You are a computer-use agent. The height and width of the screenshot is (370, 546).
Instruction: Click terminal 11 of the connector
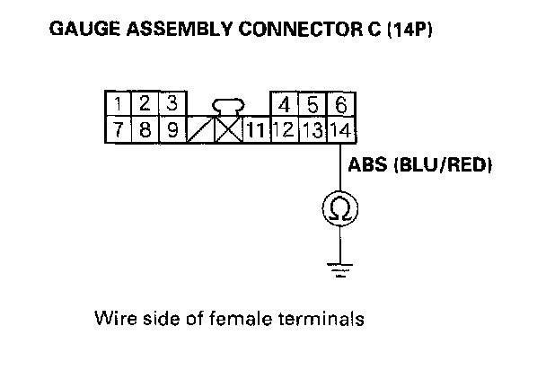click(x=255, y=129)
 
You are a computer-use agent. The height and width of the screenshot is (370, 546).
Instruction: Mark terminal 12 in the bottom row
click(x=282, y=129)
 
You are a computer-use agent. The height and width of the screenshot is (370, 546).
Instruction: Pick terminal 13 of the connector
click(x=311, y=129)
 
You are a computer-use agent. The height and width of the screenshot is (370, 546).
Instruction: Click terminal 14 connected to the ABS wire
click(x=339, y=129)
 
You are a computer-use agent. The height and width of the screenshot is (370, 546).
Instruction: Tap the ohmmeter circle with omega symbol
click(x=341, y=209)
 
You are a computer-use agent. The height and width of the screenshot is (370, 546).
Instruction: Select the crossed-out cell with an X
click(x=228, y=129)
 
